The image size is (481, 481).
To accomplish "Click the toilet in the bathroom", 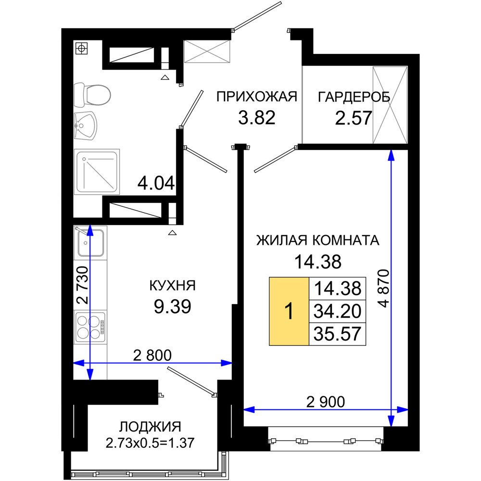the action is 92,95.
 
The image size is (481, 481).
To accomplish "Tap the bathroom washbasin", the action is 86,126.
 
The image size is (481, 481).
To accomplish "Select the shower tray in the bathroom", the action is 97,172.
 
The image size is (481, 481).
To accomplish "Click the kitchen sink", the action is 90,242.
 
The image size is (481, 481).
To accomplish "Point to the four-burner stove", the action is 90,327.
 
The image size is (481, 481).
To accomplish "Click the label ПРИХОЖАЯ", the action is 257,97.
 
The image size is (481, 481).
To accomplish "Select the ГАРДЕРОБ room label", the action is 354,97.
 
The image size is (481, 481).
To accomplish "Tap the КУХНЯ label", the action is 172,286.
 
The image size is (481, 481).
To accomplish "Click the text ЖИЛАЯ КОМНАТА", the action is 318,240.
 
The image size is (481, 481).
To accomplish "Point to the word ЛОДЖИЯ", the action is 150,427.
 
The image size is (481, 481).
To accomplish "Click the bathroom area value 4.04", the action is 156,183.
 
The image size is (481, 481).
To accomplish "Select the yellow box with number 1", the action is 289,311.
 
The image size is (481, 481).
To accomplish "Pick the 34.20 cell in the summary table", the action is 338,311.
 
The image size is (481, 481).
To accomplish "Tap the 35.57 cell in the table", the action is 338,334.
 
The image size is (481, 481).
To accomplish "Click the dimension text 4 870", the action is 383,288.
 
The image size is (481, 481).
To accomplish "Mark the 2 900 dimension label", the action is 326,402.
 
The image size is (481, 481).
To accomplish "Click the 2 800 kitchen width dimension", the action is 152,355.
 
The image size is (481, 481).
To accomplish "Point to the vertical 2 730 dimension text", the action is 82,285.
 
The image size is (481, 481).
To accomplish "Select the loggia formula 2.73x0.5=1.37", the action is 150,443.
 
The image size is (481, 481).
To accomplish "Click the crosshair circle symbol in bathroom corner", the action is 81,48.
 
